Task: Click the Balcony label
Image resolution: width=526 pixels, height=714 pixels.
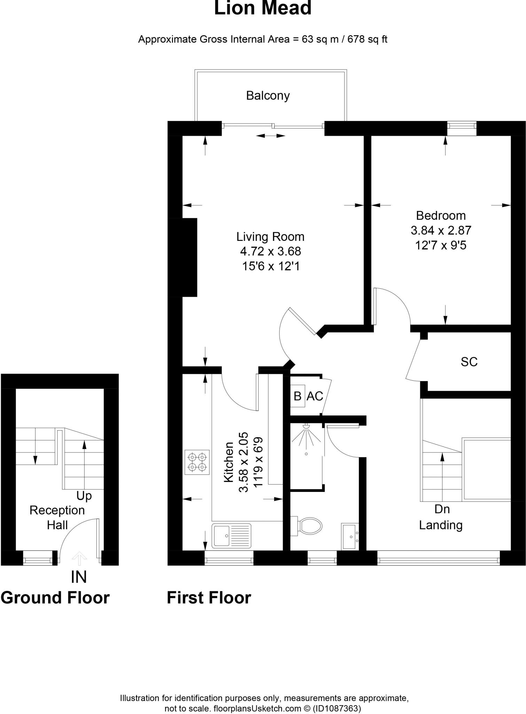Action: tap(268, 96)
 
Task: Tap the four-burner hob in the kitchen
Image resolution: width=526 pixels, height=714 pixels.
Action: tap(197, 462)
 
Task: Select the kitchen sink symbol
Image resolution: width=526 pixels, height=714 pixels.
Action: tap(231, 535)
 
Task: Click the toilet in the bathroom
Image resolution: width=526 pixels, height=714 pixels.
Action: tap(308, 526)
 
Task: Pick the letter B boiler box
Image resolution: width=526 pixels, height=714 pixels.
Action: tap(298, 396)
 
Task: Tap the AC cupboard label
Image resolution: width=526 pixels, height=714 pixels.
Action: tap(315, 396)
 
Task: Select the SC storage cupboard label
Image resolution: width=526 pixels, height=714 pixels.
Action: tap(469, 362)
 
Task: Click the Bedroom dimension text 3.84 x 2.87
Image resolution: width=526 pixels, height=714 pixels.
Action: tap(441, 230)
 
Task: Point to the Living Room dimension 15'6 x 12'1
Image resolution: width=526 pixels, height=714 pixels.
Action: tap(271, 266)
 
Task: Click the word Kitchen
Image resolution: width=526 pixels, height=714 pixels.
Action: tap(229, 462)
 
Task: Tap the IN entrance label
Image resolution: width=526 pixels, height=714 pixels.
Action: tap(79, 577)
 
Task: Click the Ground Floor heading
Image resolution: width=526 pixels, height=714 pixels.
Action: tap(55, 598)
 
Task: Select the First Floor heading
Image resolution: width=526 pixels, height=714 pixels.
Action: tap(209, 598)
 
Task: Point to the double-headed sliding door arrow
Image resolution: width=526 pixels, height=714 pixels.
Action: tap(271, 136)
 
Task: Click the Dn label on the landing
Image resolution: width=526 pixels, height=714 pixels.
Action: tap(442, 509)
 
